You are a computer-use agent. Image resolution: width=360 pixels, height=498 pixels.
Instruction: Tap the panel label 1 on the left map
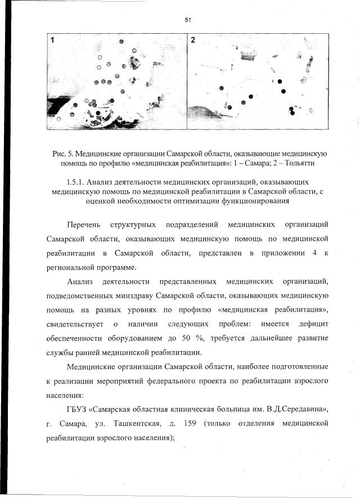click(x=53, y=41)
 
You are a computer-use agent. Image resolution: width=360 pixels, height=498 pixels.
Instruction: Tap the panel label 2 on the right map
click(x=193, y=41)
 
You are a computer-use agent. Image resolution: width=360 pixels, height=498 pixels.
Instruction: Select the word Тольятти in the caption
click(x=288, y=163)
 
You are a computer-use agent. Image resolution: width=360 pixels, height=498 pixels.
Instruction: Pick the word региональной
click(x=71, y=268)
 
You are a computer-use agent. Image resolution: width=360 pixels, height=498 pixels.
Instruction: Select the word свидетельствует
click(x=74, y=324)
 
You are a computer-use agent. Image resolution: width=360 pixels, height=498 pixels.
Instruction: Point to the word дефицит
click(x=313, y=324)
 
